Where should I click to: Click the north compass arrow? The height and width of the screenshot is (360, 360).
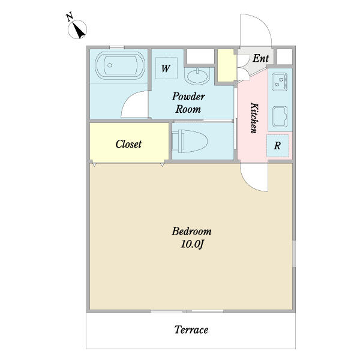pyautogui.click(x=78, y=30)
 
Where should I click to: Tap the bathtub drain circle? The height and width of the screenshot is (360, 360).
pyautogui.click(x=110, y=65)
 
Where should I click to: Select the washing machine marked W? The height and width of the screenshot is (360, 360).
pyautogui.click(x=166, y=68)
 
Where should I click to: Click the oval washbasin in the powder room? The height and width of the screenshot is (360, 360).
pyautogui.click(x=197, y=76)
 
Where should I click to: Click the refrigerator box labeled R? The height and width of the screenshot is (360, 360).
pyautogui.click(x=278, y=146)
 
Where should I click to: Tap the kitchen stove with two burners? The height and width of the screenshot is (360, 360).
pyautogui.click(x=280, y=82)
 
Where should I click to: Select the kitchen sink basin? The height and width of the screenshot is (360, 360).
pyautogui.click(x=280, y=116)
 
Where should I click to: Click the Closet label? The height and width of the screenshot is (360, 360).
pyautogui.click(x=128, y=144)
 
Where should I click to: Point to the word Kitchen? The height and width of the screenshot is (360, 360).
pyautogui.click(x=254, y=118)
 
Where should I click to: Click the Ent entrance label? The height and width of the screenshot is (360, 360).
pyautogui.click(x=260, y=58)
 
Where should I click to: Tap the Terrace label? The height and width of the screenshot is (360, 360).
pyautogui.click(x=191, y=329)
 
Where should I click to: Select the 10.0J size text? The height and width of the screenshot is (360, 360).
pyautogui.click(x=192, y=244)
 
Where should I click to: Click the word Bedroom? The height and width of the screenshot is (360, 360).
pyautogui.click(x=192, y=231)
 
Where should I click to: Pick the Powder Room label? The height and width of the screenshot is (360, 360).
pyautogui.click(x=188, y=103)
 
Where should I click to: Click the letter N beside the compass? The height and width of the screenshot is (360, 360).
pyautogui.click(x=70, y=17)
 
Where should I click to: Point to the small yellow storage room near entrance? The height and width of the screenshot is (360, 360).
pyautogui.click(x=227, y=65)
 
